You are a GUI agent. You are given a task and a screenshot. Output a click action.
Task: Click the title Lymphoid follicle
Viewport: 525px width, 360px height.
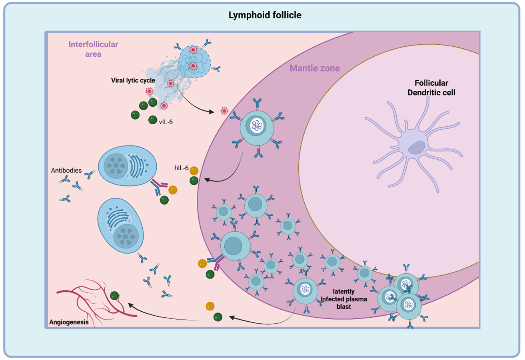point(262,15)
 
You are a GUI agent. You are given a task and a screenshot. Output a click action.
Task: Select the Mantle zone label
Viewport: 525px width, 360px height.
point(315,68)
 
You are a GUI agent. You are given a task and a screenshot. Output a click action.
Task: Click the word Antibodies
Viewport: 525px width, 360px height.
point(66,171)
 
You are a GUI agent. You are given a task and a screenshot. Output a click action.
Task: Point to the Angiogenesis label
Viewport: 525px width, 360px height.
point(69,321)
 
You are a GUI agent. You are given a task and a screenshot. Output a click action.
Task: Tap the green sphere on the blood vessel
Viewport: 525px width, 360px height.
point(114,296)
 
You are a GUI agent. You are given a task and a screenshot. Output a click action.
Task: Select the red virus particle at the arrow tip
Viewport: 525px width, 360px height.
point(224,110)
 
